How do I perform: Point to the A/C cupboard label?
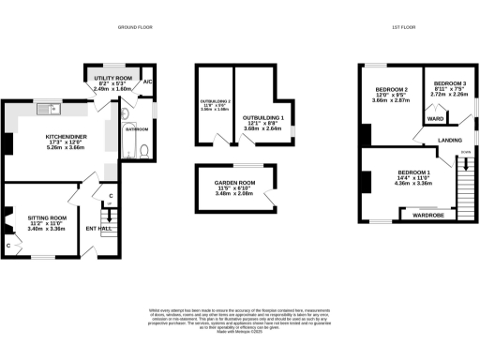tap(147, 82)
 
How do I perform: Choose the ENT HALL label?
tap(98, 227)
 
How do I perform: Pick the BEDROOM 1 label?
tap(412, 173)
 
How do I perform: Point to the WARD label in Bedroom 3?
tap(435, 119)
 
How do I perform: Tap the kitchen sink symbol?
tap(45, 110)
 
